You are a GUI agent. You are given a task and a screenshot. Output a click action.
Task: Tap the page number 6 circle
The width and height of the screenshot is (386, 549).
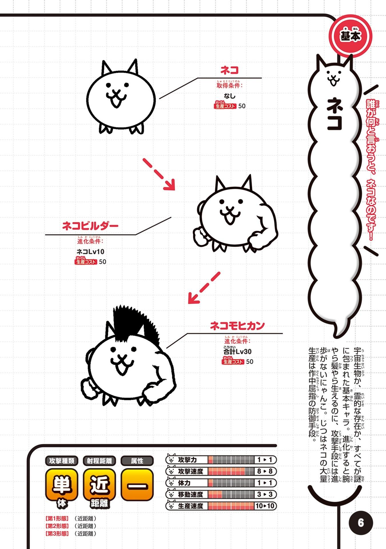[361, 523]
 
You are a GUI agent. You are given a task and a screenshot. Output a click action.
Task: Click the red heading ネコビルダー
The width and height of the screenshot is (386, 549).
[90, 226]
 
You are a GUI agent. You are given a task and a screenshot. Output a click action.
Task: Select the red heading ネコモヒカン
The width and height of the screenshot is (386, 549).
[237, 325]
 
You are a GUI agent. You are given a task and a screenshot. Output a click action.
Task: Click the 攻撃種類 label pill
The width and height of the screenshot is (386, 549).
[62, 461]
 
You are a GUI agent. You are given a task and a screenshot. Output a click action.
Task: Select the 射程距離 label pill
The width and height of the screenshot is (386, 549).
[100, 461]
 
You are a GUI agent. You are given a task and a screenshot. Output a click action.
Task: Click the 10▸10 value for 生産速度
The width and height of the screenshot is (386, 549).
[265, 506]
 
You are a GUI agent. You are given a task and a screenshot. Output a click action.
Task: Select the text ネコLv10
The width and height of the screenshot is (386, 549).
[90, 252]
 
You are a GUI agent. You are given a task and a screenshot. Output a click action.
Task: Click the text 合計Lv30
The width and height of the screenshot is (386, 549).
[237, 351]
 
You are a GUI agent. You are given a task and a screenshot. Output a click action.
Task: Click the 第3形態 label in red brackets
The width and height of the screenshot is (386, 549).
[57, 534]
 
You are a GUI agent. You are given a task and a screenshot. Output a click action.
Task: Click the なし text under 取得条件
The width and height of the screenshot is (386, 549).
[230, 96]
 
